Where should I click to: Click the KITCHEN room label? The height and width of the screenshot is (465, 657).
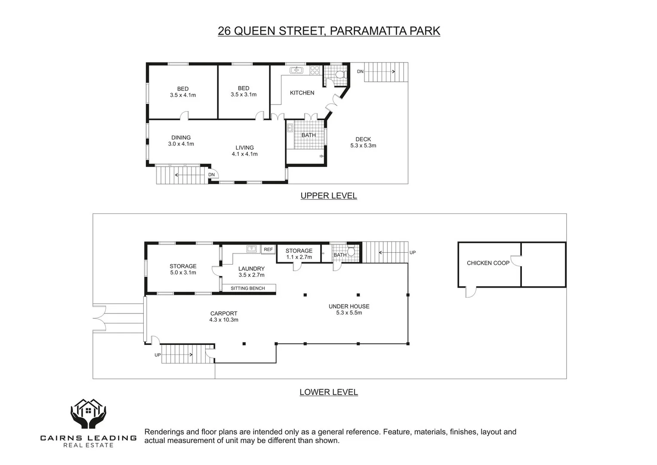tap(302, 93)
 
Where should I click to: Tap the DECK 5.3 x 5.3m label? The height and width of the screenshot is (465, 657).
tap(363, 143)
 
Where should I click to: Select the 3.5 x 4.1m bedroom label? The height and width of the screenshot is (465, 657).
tap(183, 92)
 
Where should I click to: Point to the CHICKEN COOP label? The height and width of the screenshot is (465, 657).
tap(488, 263)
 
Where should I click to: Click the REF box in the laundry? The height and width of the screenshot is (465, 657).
tap(268, 250)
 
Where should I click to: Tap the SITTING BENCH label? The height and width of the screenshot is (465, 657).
tap(248, 288)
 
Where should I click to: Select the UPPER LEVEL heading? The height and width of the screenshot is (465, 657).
tap(329, 196)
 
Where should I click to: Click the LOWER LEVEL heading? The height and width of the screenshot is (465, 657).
tap(329, 392)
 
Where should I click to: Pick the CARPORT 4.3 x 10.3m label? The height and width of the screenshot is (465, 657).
tap(224, 317)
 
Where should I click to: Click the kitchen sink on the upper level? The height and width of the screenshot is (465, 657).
tap(296, 70)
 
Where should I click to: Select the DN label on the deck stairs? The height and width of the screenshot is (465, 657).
tap(360, 71)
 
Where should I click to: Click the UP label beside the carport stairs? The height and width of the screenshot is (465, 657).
tap(157, 355)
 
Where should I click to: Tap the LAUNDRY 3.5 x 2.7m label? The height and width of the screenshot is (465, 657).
tap(251, 272)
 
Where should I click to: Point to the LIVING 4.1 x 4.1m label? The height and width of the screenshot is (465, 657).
tap(244, 151)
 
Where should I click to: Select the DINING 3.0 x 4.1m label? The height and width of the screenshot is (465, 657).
tap(181, 141)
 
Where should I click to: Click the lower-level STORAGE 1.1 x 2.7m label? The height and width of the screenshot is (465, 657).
tap(299, 254)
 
